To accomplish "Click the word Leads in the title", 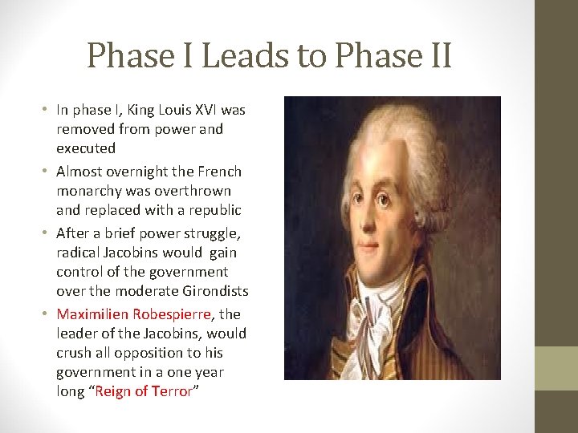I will (x=233, y=56).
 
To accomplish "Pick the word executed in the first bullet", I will (x=86, y=148).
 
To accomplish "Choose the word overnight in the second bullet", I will (x=131, y=172).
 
